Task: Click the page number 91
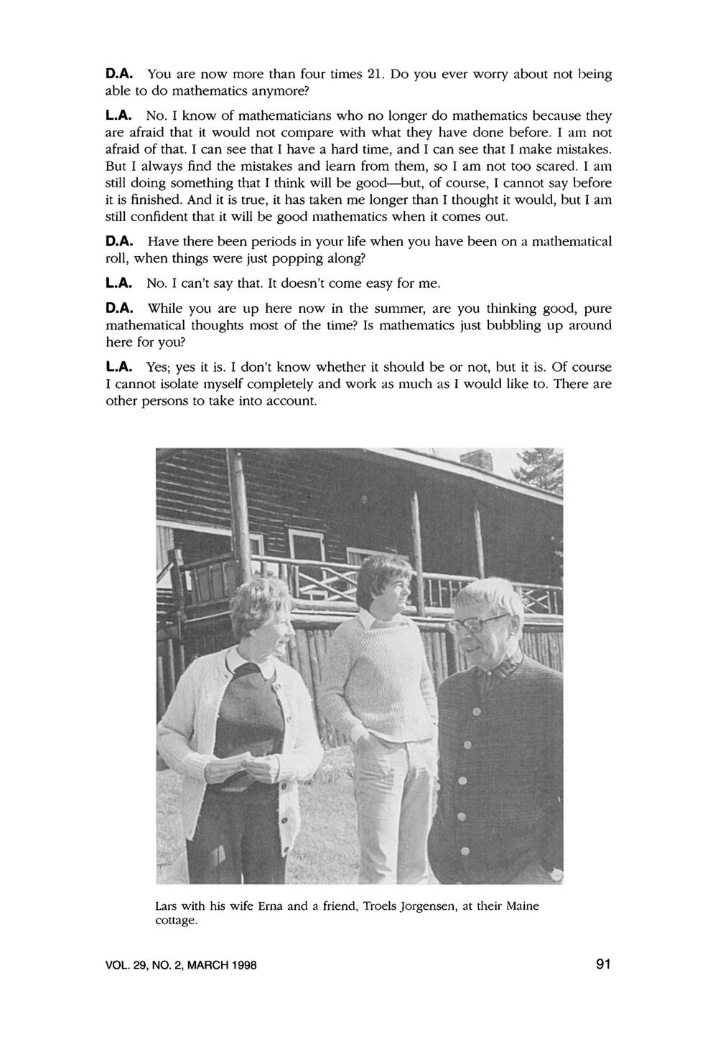tap(602, 965)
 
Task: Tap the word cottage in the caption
tap(175, 921)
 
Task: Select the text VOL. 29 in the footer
tap(126, 966)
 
